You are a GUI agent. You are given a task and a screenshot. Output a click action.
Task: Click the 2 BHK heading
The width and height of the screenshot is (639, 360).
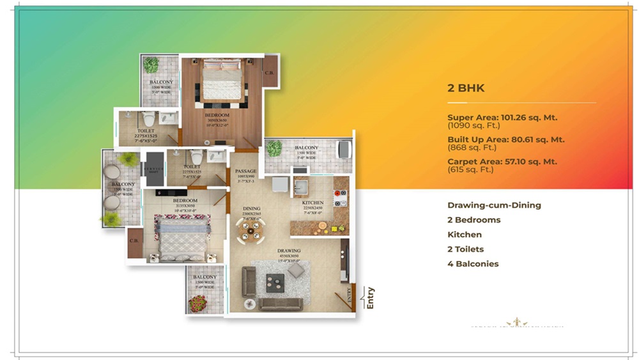pyautogui.click(x=466, y=88)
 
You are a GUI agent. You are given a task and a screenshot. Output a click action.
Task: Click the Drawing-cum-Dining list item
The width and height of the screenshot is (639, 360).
pyautogui.click(x=494, y=205)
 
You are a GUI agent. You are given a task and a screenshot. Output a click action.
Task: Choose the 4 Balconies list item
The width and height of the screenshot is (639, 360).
pyautogui.click(x=473, y=263)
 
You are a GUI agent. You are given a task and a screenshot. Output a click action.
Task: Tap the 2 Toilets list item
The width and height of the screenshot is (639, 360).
pyautogui.click(x=465, y=249)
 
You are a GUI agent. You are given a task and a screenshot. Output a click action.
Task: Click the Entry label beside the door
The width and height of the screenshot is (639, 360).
pyautogui.click(x=371, y=298)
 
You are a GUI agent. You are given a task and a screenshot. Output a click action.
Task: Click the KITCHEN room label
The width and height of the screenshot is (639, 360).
pyautogui.click(x=313, y=203)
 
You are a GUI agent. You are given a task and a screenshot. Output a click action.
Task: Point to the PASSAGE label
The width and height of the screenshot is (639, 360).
pyautogui.click(x=245, y=171)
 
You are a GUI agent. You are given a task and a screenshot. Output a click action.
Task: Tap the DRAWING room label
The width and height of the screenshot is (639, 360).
pyautogui.click(x=289, y=251)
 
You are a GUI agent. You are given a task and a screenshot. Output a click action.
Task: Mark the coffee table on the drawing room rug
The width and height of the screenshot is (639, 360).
pyautogui.click(x=275, y=279)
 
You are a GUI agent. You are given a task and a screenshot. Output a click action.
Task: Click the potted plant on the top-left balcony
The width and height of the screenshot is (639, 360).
pyautogui.click(x=151, y=65)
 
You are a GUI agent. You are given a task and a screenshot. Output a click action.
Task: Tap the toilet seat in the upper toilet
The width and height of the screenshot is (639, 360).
pyautogui.click(x=149, y=118)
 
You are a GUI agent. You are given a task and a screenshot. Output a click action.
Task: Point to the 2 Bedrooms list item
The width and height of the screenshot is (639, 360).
pyautogui.click(x=473, y=220)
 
